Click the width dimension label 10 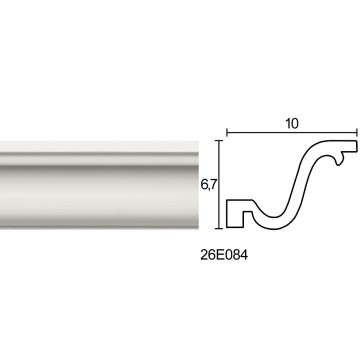(292, 124)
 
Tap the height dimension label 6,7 (207, 184)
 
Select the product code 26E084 (224, 255)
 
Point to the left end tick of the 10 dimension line (227, 133)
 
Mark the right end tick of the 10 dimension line (357, 133)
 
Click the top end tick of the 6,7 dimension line (219, 141)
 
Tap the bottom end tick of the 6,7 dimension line (219, 228)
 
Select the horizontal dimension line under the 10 (292, 133)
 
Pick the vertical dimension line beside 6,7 (219, 185)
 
